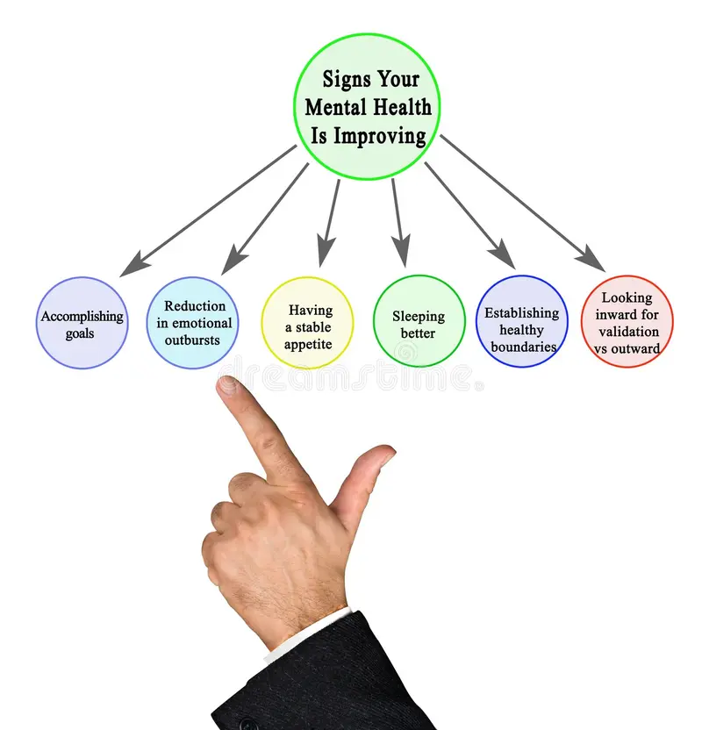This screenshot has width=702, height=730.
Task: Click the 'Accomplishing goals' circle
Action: (82, 323)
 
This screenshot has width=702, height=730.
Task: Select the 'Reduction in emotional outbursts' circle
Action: (193, 323)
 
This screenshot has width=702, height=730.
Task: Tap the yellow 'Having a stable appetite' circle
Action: (307, 323)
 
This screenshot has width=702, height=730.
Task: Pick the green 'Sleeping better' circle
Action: (419, 321)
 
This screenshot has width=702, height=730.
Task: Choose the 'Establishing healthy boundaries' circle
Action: (522, 321)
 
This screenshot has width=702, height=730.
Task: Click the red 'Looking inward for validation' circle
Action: (627, 321)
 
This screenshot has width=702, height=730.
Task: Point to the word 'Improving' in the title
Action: (380, 137)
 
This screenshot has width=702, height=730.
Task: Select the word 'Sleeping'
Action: (419, 317)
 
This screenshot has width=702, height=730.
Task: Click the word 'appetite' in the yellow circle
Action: (308, 345)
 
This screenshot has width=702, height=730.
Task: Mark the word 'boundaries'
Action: (524, 347)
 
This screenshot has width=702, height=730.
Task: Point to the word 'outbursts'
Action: (192, 340)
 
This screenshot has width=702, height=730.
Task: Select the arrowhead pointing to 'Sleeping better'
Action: (401, 252)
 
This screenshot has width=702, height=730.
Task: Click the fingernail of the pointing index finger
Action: (227, 385)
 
